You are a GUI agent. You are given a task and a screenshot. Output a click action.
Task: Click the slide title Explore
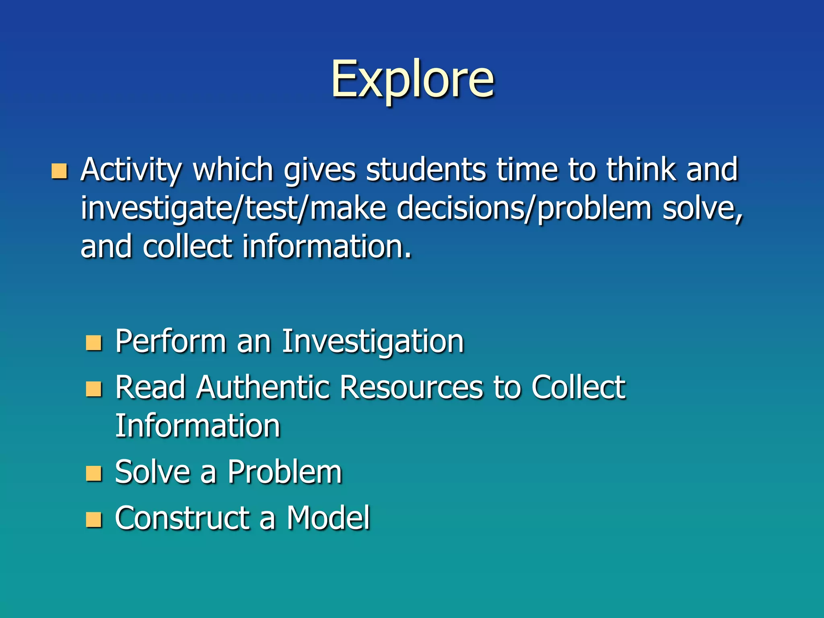pyautogui.click(x=412, y=79)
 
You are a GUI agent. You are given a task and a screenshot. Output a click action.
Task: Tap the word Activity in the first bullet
pyautogui.click(x=131, y=170)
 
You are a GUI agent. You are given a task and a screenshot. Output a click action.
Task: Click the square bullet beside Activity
pyautogui.click(x=59, y=171)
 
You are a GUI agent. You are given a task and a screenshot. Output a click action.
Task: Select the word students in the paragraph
pyautogui.click(x=426, y=170)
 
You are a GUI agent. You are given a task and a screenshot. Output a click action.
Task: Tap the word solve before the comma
pyautogui.click(x=700, y=208)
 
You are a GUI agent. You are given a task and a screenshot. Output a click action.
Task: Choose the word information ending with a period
pyautogui.click(x=326, y=247)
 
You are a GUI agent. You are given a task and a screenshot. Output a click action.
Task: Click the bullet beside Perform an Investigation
pyautogui.click(x=94, y=343)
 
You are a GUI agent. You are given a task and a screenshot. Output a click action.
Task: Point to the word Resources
pyautogui.click(x=411, y=388)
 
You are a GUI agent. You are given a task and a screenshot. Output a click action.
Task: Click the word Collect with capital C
pyautogui.click(x=578, y=388)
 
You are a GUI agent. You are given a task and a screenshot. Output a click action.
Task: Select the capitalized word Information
pyautogui.click(x=198, y=426)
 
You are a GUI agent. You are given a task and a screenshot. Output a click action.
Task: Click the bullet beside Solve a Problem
pyautogui.click(x=94, y=474)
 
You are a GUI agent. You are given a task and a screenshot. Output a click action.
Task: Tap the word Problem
pyautogui.click(x=284, y=472)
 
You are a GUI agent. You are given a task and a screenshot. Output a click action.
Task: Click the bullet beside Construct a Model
pyautogui.click(x=94, y=519)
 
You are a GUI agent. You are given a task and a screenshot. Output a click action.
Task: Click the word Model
pyautogui.click(x=328, y=518)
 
